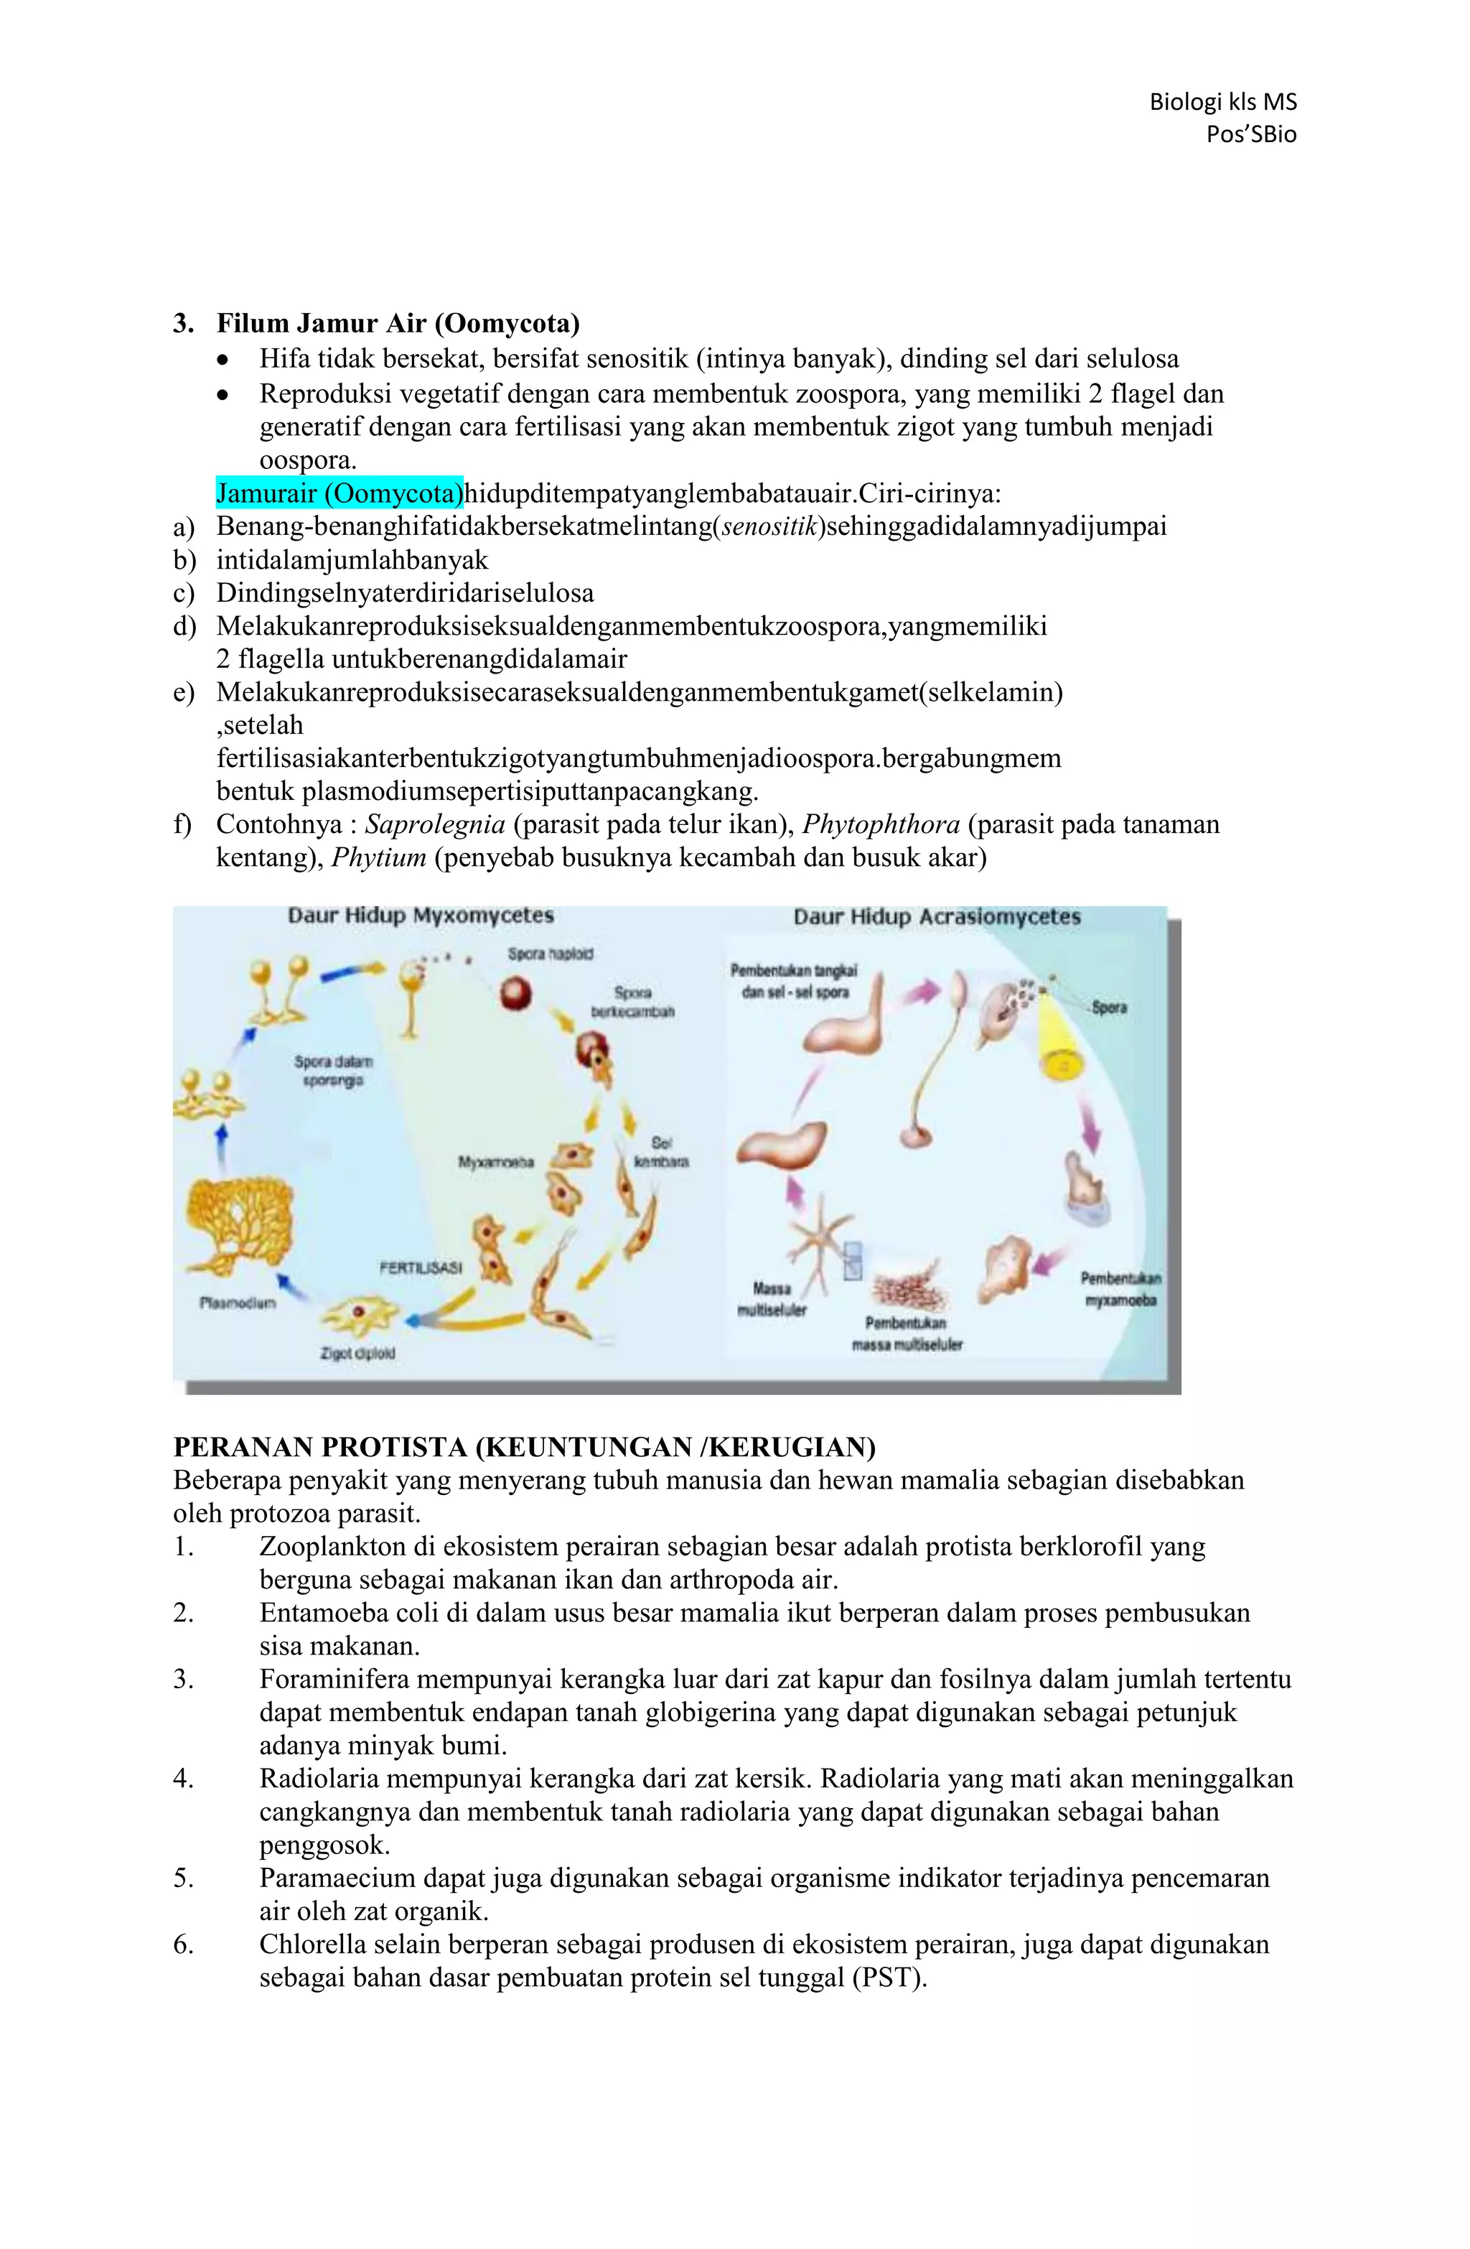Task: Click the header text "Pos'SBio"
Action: pos(1250,134)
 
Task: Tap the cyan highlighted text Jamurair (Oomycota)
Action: pos(340,493)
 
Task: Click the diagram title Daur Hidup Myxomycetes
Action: pos(421,916)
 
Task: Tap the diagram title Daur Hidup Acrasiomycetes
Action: pos(936,916)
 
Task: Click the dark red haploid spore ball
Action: pos(517,993)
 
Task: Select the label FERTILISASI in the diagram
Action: pos(421,1268)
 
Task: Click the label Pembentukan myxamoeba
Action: pos(1120,1289)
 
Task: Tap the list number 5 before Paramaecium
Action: pos(182,1878)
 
